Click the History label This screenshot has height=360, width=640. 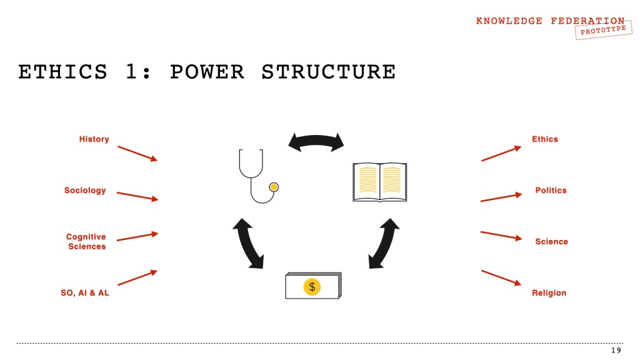point(94,139)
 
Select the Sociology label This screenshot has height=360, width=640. point(85,190)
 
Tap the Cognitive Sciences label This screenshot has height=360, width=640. point(86,241)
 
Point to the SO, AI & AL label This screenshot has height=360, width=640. point(85,292)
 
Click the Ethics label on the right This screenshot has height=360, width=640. point(544,139)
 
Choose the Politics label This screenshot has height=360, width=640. point(551,190)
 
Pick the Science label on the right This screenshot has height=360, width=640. point(551,241)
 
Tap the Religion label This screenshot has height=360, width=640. point(549,292)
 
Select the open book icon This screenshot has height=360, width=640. point(379,182)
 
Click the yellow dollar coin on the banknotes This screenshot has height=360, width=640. point(312,287)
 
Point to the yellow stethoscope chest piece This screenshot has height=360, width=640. point(273,187)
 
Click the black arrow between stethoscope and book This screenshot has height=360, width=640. point(316,141)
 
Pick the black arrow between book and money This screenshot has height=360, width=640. point(384,244)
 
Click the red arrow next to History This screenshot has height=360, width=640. point(137,153)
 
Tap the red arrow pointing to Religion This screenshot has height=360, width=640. point(501,277)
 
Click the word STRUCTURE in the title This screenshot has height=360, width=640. point(328,72)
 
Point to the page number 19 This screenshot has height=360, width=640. point(616,351)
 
